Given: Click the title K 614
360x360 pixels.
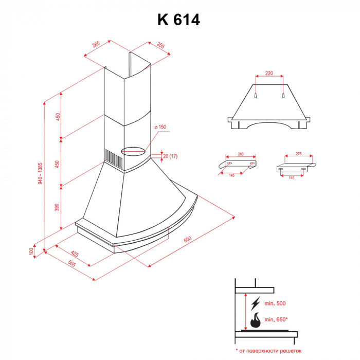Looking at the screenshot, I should tap(178, 20).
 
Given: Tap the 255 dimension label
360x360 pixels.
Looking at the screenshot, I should tap(160, 46).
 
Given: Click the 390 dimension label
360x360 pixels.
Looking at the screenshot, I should tap(58, 207).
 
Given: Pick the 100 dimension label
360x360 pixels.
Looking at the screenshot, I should tap(31, 250).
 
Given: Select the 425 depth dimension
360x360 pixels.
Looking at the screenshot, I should tap(75, 254).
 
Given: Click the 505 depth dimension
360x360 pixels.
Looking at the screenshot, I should tap(72, 264).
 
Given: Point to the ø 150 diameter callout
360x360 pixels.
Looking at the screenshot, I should tap(161, 127).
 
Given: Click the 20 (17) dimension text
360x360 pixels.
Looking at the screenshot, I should tap(170, 156).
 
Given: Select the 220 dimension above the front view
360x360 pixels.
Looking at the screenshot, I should tap(269, 74).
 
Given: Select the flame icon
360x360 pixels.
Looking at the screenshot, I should tap(255, 321).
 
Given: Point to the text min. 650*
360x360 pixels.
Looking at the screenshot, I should tap(276, 319).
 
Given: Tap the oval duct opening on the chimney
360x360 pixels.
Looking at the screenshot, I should tap(133, 151).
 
